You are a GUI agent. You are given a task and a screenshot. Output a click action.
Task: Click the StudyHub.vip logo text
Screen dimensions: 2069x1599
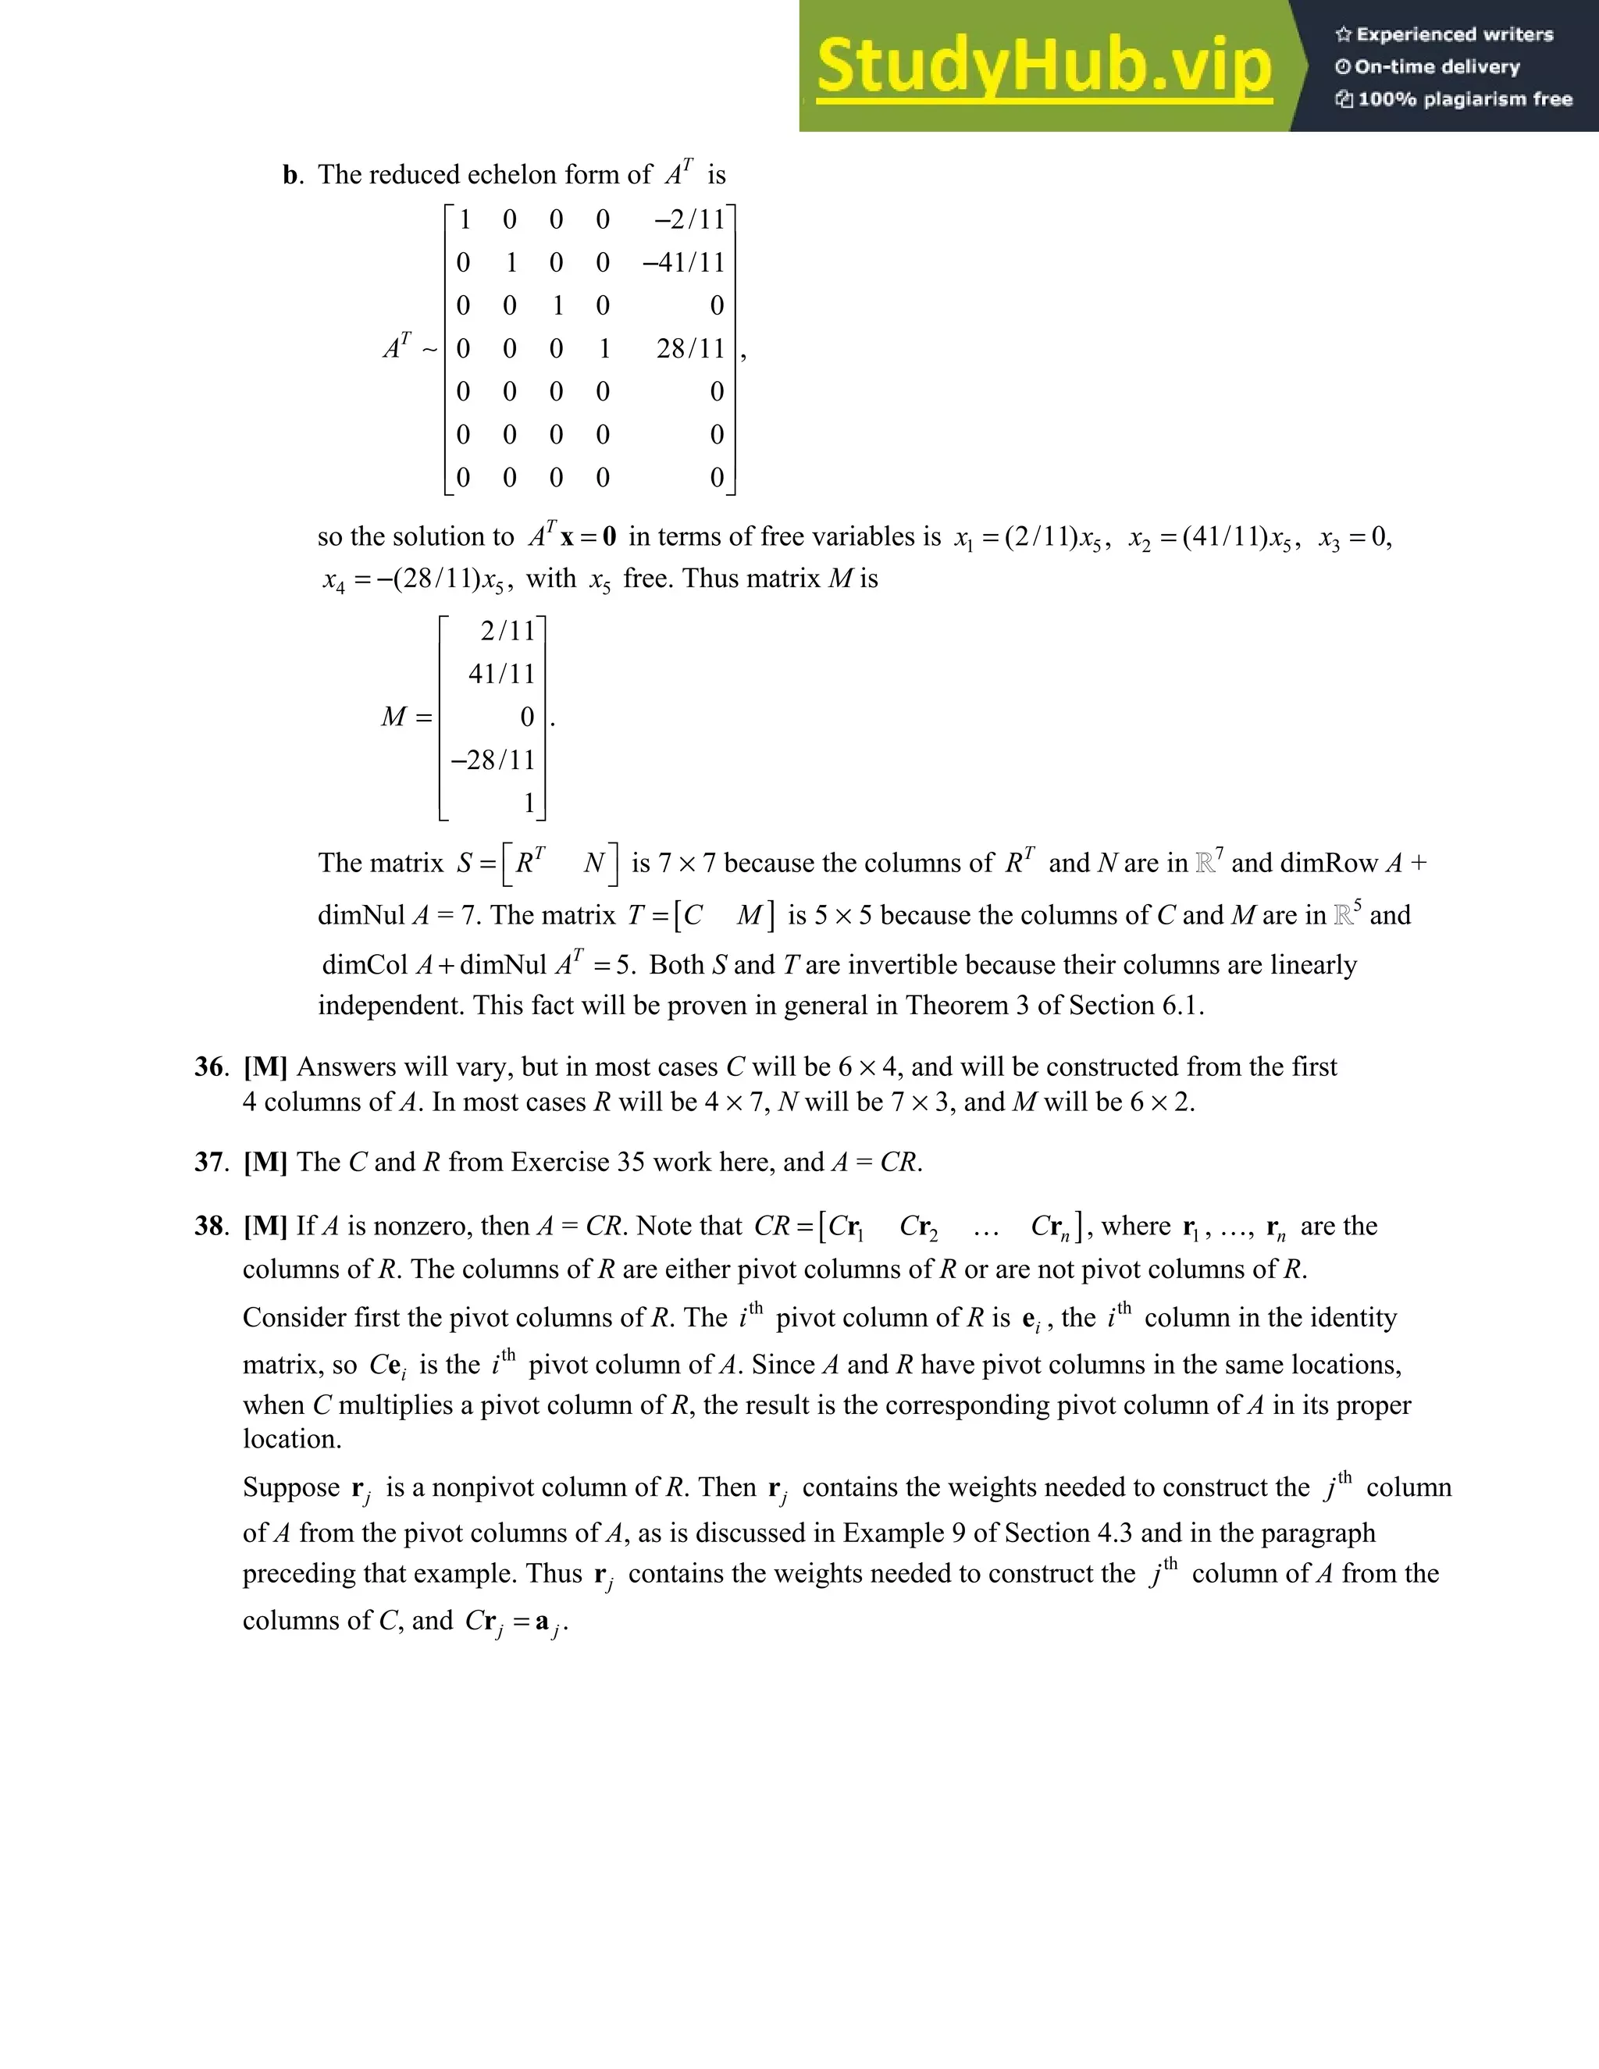1043,66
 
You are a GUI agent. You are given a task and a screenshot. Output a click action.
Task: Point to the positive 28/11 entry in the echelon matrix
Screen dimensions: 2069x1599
690,349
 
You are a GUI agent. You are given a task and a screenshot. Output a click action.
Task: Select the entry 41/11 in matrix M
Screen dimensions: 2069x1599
502,674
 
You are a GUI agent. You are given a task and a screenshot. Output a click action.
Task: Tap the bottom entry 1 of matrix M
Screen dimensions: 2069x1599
529,803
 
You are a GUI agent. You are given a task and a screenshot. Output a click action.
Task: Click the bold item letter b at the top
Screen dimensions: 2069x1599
290,175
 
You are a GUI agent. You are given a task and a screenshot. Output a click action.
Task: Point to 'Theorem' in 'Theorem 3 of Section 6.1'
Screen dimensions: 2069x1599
956,1005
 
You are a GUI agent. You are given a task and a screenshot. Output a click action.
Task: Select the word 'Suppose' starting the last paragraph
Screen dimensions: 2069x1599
290,1487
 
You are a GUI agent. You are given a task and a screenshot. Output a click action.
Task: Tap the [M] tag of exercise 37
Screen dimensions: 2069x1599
265,1162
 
